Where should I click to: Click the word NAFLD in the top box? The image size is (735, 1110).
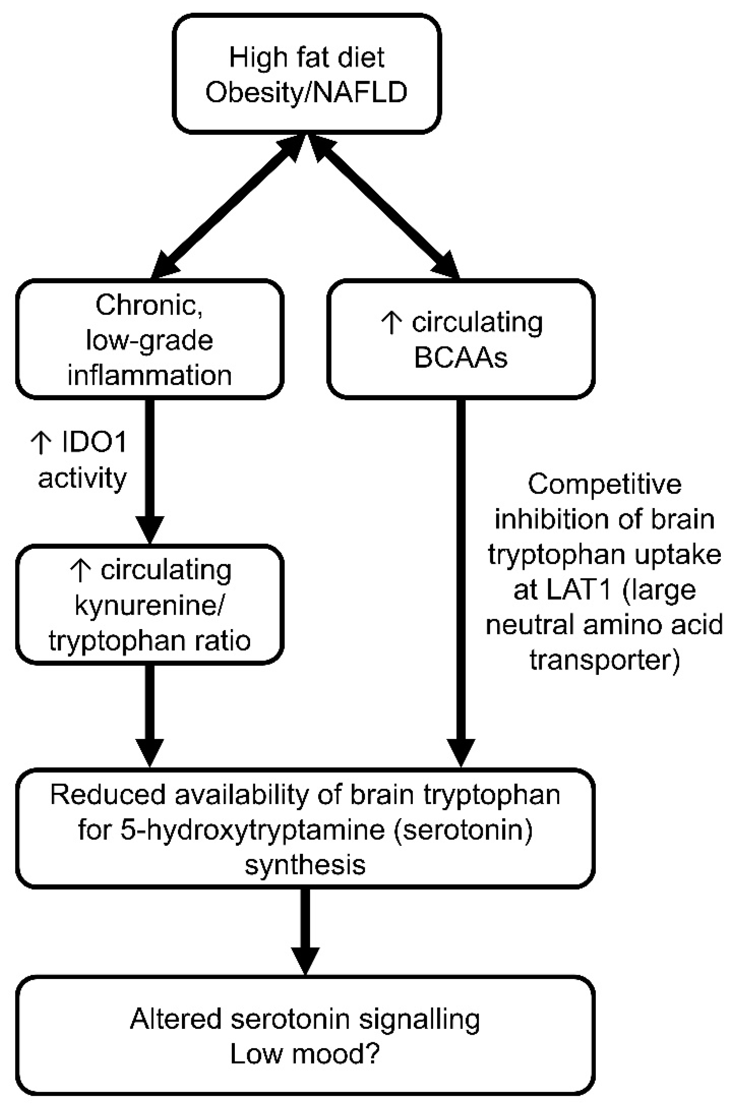click(359, 92)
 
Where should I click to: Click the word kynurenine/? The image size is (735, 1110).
click(150, 606)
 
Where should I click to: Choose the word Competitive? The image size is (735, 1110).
click(604, 484)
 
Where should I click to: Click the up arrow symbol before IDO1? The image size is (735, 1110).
click(41, 442)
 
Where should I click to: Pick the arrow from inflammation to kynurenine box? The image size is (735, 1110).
click(150, 472)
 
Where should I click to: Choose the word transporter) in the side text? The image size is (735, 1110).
click(604, 660)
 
